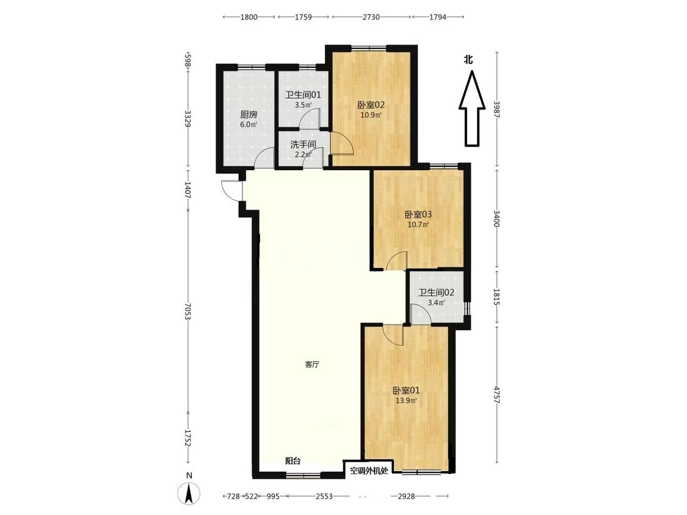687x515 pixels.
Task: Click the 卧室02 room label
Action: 371,105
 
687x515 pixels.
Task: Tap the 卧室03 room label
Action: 418,215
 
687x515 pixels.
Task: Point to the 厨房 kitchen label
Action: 249,115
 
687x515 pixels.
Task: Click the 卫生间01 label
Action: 303,95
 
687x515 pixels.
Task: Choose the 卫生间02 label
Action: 436,292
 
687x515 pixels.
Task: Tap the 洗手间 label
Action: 303,145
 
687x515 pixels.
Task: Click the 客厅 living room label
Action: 312,364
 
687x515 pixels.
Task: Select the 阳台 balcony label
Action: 293,461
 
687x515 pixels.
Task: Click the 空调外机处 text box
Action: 369,471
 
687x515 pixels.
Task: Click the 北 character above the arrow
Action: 468,59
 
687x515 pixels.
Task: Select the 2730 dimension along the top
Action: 371,17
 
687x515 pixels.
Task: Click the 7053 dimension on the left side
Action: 188,311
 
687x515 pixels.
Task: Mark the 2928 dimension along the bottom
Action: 406,496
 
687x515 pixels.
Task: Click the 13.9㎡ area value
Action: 405,400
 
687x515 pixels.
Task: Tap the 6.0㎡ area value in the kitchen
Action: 249,124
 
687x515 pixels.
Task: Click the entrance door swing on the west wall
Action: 231,190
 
